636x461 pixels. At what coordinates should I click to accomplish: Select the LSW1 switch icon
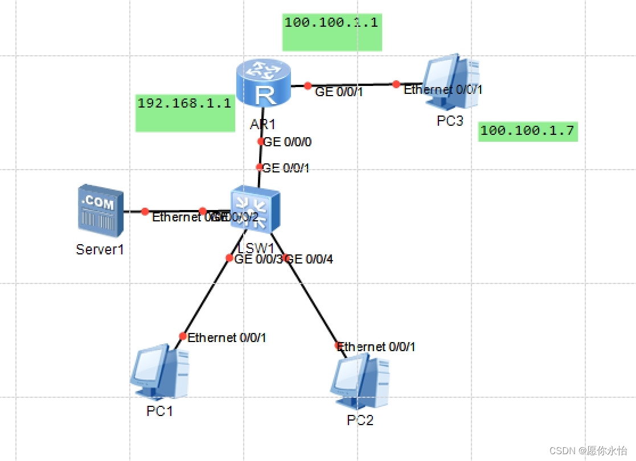coord(255,208)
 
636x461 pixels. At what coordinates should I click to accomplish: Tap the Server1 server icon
coord(101,210)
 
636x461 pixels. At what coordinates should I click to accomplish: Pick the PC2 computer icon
coord(360,382)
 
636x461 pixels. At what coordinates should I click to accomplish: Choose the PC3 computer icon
coord(450,82)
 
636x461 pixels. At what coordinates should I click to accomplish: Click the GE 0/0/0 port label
coord(288,142)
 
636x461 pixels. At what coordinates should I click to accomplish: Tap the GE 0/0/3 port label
coord(258,260)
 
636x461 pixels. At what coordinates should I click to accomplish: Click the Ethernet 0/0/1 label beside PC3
coord(443,89)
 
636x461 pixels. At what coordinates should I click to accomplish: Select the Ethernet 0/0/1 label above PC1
coord(227,337)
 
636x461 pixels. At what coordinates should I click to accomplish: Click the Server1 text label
coord(100,249)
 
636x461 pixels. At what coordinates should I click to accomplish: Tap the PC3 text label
coord(450,121)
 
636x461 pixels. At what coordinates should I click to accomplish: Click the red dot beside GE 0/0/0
coord(261,141)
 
